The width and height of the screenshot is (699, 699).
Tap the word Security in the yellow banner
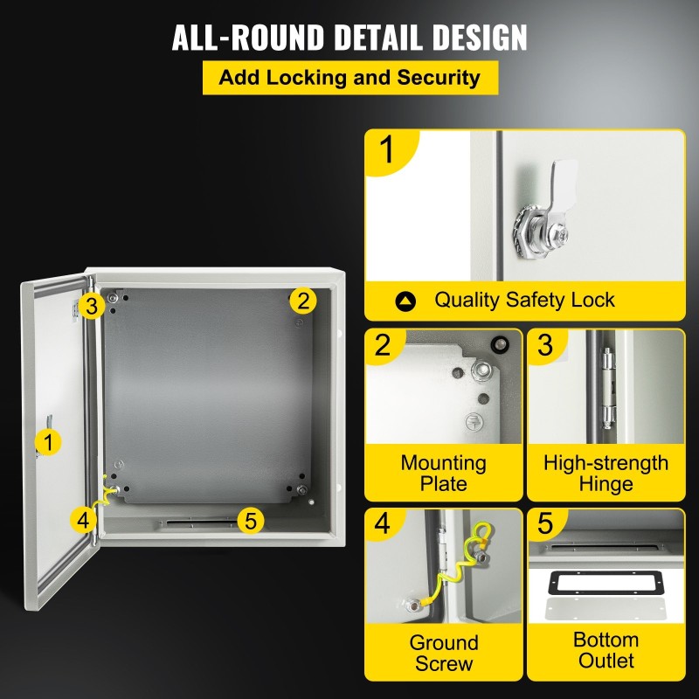pyautogui.click(x=439, y=78)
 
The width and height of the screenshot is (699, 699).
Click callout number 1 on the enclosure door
pyautogui.click(x=48, y=442)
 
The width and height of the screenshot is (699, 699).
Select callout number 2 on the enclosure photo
pyautogui.click(x=303, y=301)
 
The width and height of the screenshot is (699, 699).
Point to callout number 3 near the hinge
pyautogui.click(x=92, y=307)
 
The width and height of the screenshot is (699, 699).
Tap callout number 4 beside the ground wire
pyautogui.click(x=83, y=520)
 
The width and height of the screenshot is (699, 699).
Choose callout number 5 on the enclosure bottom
pyautogui.click(x=251, y=521)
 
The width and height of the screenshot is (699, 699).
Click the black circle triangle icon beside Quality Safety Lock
pyautogui.click(x=405, y=301)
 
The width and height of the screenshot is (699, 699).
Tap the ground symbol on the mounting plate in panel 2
pyautogui.click(x=474, y=421)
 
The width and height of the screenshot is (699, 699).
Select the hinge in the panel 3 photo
pyautogui.click(x=607, y=388)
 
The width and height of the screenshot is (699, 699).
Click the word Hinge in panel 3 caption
pyautogui.click(x=606, y=484)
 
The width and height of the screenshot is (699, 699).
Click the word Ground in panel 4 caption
pyautogui.click(x=444, y=643)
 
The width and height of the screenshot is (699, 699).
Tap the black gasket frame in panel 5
pyautogui.click(x=607, y=583)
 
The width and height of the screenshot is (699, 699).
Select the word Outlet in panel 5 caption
pyautogui.click(x=606, y=661)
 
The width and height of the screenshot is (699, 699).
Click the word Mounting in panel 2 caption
pyautogui.click(x=444, y=464)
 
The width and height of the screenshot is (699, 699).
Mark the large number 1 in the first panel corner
pyautogui.click(x=387, y=149)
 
